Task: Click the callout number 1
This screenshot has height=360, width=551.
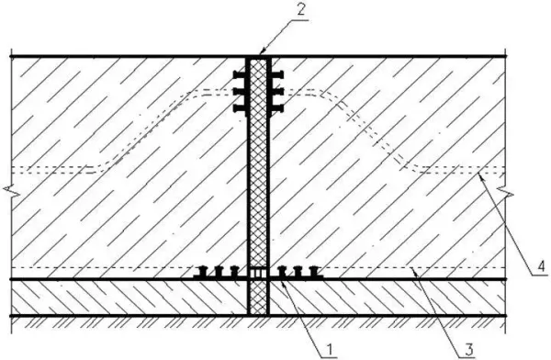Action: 330,350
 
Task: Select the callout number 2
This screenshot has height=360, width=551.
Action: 301,10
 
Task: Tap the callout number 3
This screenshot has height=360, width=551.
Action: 468,350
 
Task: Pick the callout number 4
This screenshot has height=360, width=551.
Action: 542,266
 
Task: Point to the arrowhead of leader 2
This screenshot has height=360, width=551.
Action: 261,52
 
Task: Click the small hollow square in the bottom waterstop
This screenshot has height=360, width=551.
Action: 258,273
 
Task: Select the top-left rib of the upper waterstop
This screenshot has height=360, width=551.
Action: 240,75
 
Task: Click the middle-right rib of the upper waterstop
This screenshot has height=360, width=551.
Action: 277,92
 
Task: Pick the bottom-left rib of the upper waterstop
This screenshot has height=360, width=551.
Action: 240,108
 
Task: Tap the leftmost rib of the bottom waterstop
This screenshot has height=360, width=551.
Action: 203,272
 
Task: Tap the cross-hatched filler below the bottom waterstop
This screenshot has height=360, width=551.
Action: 258,298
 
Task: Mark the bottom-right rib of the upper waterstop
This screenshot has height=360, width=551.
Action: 277,108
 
